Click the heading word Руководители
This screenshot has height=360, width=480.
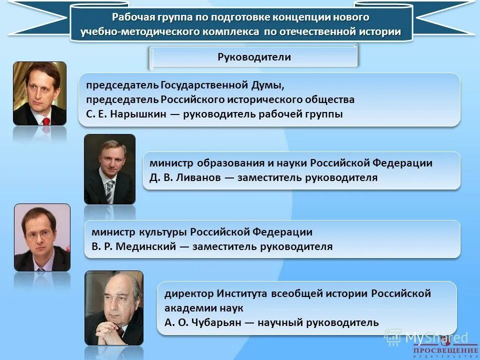[254, 57]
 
